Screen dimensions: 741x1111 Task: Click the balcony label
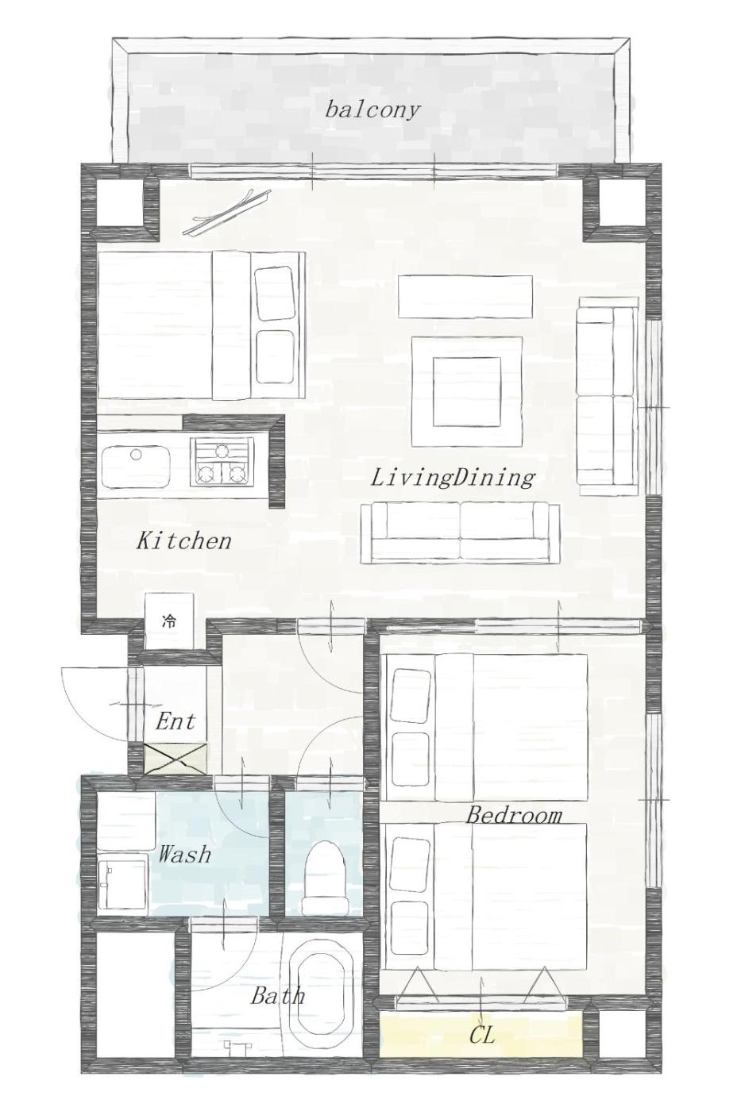pos(372,110)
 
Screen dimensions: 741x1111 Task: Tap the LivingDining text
pos(453,478)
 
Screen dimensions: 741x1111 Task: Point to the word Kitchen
pos(184,540)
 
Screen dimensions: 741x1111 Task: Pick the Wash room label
pos(184,855)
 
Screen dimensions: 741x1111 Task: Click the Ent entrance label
pos(175,721)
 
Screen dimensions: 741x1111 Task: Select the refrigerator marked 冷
pos(169,621)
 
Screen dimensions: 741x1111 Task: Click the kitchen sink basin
pos(137,467)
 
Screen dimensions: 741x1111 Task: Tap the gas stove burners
pos(222,461)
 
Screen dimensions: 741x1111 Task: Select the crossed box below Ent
pos(175,759)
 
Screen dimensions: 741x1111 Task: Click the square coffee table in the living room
pos(466,391)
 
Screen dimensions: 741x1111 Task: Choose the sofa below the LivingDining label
pos(460,533)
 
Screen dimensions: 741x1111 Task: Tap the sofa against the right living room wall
pos(607,396)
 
